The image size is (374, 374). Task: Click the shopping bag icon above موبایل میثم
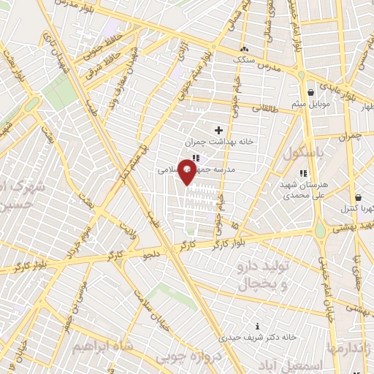312,93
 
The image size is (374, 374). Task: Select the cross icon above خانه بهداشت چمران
218,130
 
